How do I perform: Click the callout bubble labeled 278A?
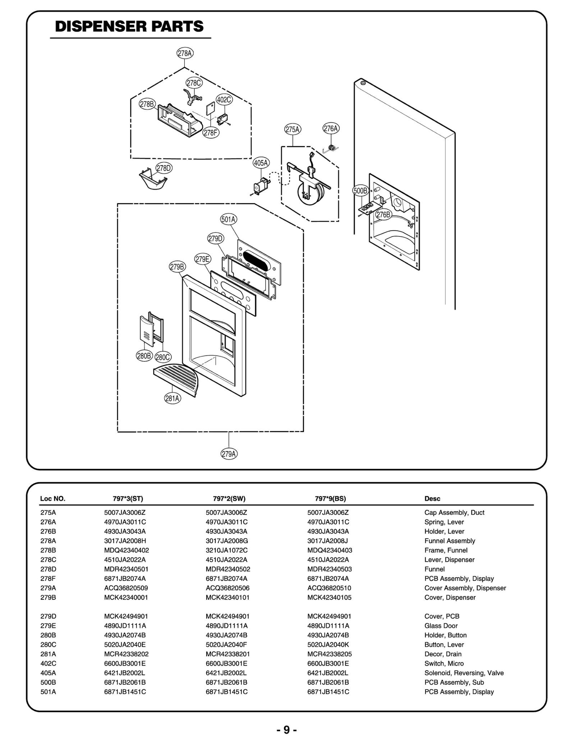[185, 53]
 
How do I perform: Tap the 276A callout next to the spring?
[331, 128]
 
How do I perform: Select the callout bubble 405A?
[261, 163]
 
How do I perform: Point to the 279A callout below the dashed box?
[229, 454]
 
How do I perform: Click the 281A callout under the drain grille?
[172, 398]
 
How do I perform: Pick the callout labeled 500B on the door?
[360, 190]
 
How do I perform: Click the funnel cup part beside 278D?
[153, 180]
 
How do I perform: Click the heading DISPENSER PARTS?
[129, 27]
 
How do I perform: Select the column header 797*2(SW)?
[229, 498]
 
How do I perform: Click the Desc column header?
[432, 498]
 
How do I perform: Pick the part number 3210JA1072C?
[226, 550]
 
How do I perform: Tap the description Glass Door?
[441, 626]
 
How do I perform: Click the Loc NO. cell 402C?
[48, 663]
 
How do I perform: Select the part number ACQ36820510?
[329, 588]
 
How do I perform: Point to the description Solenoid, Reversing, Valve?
[464, 673]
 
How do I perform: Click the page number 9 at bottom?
[286, 730]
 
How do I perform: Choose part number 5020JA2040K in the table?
[328, 644]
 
